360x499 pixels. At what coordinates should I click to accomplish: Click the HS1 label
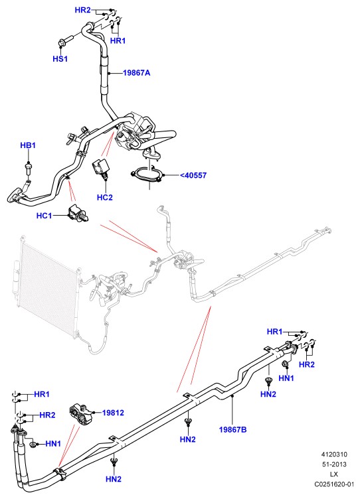pyautogui.click(x=60, y=59)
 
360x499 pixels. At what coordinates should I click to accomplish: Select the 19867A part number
pyautogui.click(x=136, y=73)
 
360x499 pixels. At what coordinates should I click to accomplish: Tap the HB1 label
pyautogui.click(x=28, y=145)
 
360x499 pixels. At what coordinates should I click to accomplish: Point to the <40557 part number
pyautogui.click(x=193, y=175)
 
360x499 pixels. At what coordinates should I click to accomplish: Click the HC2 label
pyautogui.click(x=105, y=198)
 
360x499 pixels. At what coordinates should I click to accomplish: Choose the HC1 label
pyautogui.click(x=45, y=216)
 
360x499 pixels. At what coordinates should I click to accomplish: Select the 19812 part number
pyautogui.click(x=113, y=413)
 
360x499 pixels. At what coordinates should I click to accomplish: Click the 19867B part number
pyautogui.click(x=233, y=429)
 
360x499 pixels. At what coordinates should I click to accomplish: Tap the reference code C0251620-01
pyautogui.click(x=334, y=484)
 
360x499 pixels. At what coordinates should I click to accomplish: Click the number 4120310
pyautogui.click(x=334, y=455)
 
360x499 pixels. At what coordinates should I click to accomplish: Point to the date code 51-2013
pyautogui.click(x=334, y=464)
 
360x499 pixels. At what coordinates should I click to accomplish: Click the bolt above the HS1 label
pyautogui.click(x=65, y=41)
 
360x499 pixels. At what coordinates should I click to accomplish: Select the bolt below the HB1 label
pyautogui.click(x=29, y=168)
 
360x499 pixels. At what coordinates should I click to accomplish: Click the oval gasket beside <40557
pyautogui.click(x=147, y=175)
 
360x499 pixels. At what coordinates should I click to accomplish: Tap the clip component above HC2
pyautogui.click(x=102, y=169)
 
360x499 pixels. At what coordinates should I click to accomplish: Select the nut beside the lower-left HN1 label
pyautogui.click(x=33, y=445)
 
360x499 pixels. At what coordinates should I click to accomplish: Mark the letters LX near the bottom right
pyautogui.click(x=334, y=474)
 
